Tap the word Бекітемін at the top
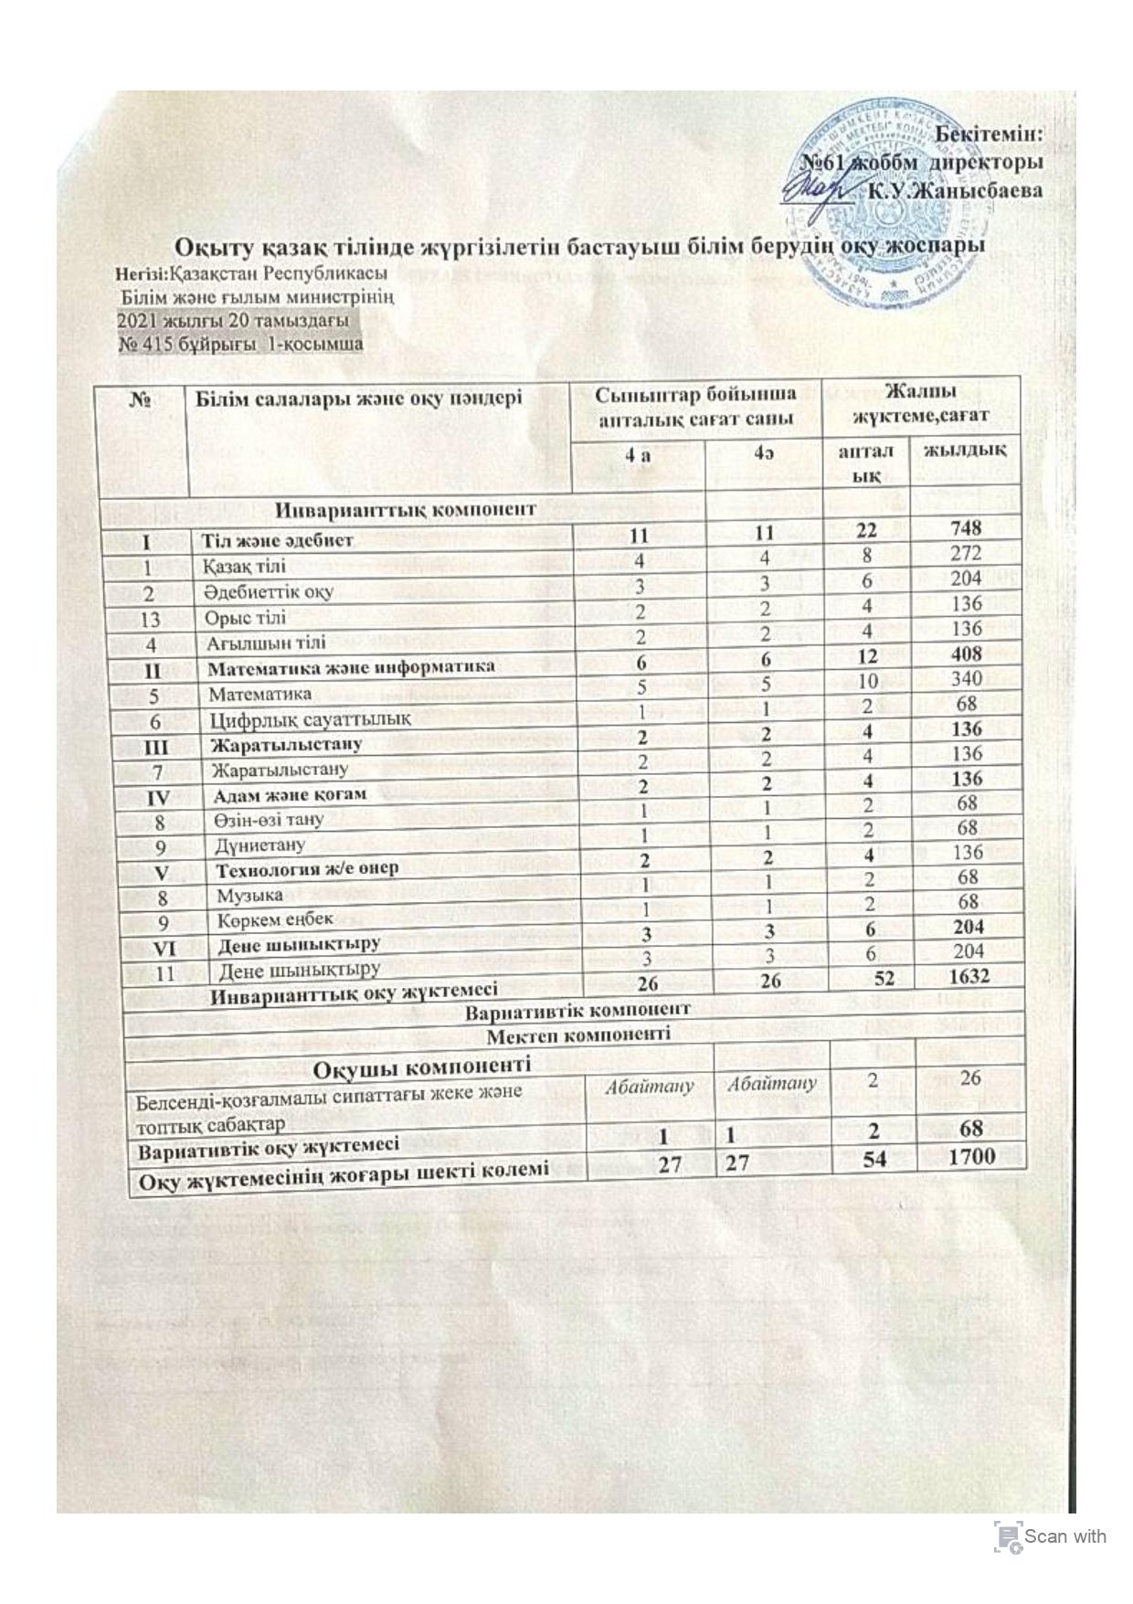coord(990,133)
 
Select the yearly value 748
coord(966,527)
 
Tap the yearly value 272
coord(966,553)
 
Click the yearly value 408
coord(966,653)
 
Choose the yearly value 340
coord(966,679)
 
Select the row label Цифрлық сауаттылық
coord(310,719)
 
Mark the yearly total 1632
coord(968,976)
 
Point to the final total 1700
coord(971,1156)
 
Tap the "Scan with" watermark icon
coord(1008,1535)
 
